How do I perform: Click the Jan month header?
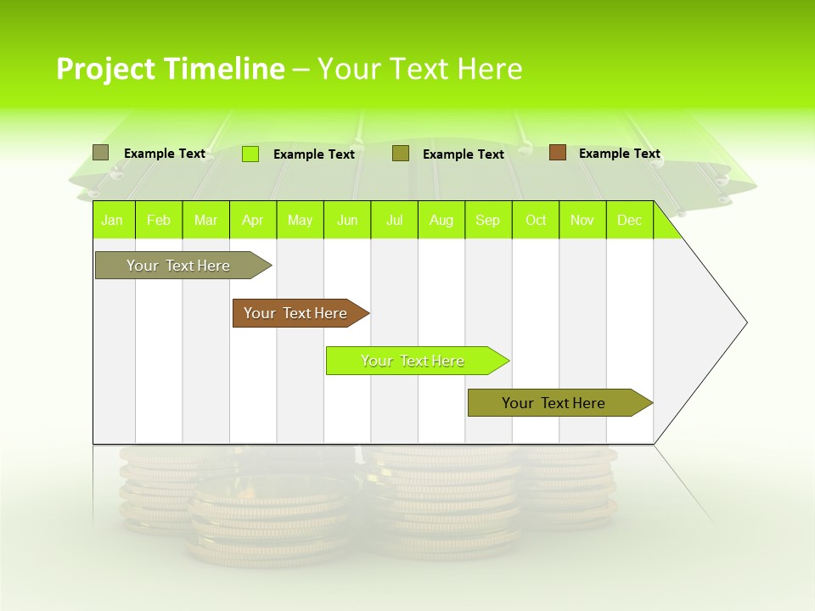(x=112, y=220)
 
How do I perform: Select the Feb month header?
(x=159, y=220)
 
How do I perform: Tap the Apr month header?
(x=253, y=220)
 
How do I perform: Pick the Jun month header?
(x=347, y=220)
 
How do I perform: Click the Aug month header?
(x=441, y=220)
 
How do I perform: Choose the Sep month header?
(x=488, y=220)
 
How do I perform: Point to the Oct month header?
(x=536, y=220)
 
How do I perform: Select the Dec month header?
(x=630, y=220)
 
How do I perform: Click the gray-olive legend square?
(x=101, y=153)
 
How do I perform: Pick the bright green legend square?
(x=250, y=154)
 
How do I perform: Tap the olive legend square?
(x=401, y=154)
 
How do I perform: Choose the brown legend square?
(x=558, y=153)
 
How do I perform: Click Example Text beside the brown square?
(x=619, y=154)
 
